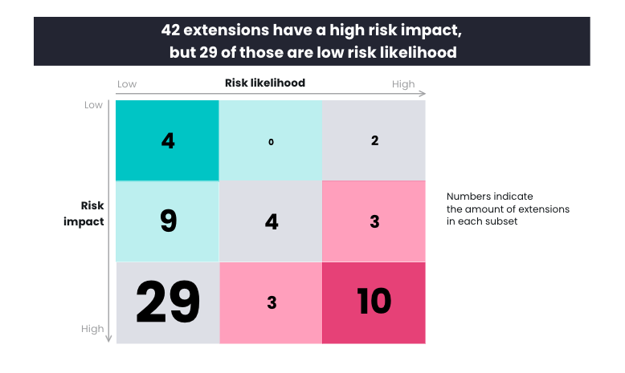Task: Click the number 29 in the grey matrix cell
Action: pyautogui.click(x=168, y=302)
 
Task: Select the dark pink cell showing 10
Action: pyautogui.click(x=374, y=302)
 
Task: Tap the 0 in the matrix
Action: pyautogui.click(x=271, y=142)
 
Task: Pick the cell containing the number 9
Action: pyautogui.click(x=167, y=221)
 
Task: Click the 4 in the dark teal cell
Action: pyautogui.click(x=168, y=140)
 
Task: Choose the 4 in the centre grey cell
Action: pyautogui.click(x=272, y=221)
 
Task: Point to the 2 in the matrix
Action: pyautogui.click(x=374, y=140)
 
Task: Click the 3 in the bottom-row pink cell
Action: pyautogui.click(x=272, y=302)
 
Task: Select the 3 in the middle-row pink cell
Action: pyautogui.click(x=374, y=221)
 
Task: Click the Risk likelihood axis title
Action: pyautogui.click(x=265, y=83)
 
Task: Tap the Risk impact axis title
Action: pyautogui.click(x=84, y=213)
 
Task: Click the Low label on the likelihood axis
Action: pyautogui.click(x=127, y=84)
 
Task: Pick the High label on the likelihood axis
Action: pyautogui.click(x=403, y=84)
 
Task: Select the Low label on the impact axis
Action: pyautogui.click(x=93, y=105)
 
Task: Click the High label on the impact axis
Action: pyautogui.click(x=92, y=329)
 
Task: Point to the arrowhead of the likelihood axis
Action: pyautogui.click(x=423, y=94)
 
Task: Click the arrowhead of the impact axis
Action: pyautogui.click(x=108, y=339)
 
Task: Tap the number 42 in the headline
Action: pyautogui.click(x=170, y=30)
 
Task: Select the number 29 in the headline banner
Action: pyautogui.click(x=208, y=53)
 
